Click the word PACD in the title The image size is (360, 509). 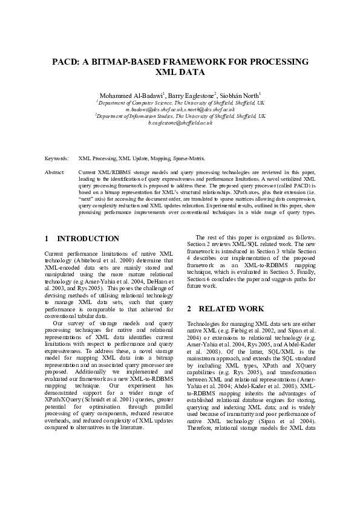point(64,62)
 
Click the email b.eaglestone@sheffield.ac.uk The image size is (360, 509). point(180,122)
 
